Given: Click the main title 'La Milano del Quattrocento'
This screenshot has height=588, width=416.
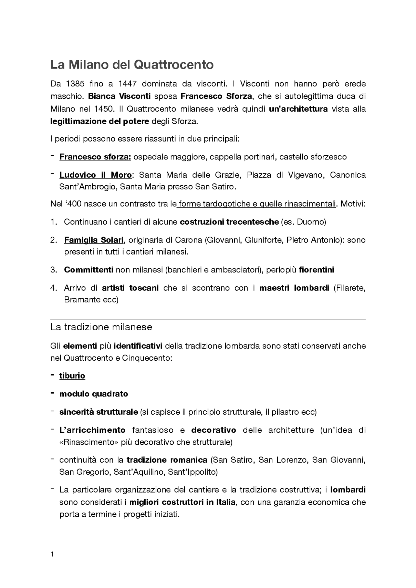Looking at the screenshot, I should pos(132,65).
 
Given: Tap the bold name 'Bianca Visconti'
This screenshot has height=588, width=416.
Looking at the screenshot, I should pos(119,96).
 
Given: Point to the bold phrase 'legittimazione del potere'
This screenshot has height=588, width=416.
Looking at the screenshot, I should pos(99,121).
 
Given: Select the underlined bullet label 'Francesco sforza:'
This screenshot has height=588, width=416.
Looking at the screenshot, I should pos(95,157).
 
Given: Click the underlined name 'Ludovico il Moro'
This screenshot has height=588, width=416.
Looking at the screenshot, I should pos(95,175).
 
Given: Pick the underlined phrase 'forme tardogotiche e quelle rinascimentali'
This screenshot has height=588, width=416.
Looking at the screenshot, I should pos(257,204).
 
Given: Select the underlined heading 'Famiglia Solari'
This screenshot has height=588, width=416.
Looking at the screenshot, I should pos(94,240).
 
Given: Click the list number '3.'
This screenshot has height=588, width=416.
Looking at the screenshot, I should pos(54,270).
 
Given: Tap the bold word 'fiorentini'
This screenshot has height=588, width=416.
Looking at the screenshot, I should pos(316,270).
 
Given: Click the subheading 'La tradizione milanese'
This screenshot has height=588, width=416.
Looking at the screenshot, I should pos(101,327).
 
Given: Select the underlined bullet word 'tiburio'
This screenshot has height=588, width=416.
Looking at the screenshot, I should pos(72,376).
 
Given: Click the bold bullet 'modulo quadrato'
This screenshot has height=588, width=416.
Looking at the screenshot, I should pos(94,394).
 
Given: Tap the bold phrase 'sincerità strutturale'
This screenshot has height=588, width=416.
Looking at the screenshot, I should pos(98,412).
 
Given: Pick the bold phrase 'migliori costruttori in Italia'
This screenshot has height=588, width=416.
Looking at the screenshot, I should pos(182,502).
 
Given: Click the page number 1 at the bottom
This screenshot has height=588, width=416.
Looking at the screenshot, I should pos(52,554).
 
